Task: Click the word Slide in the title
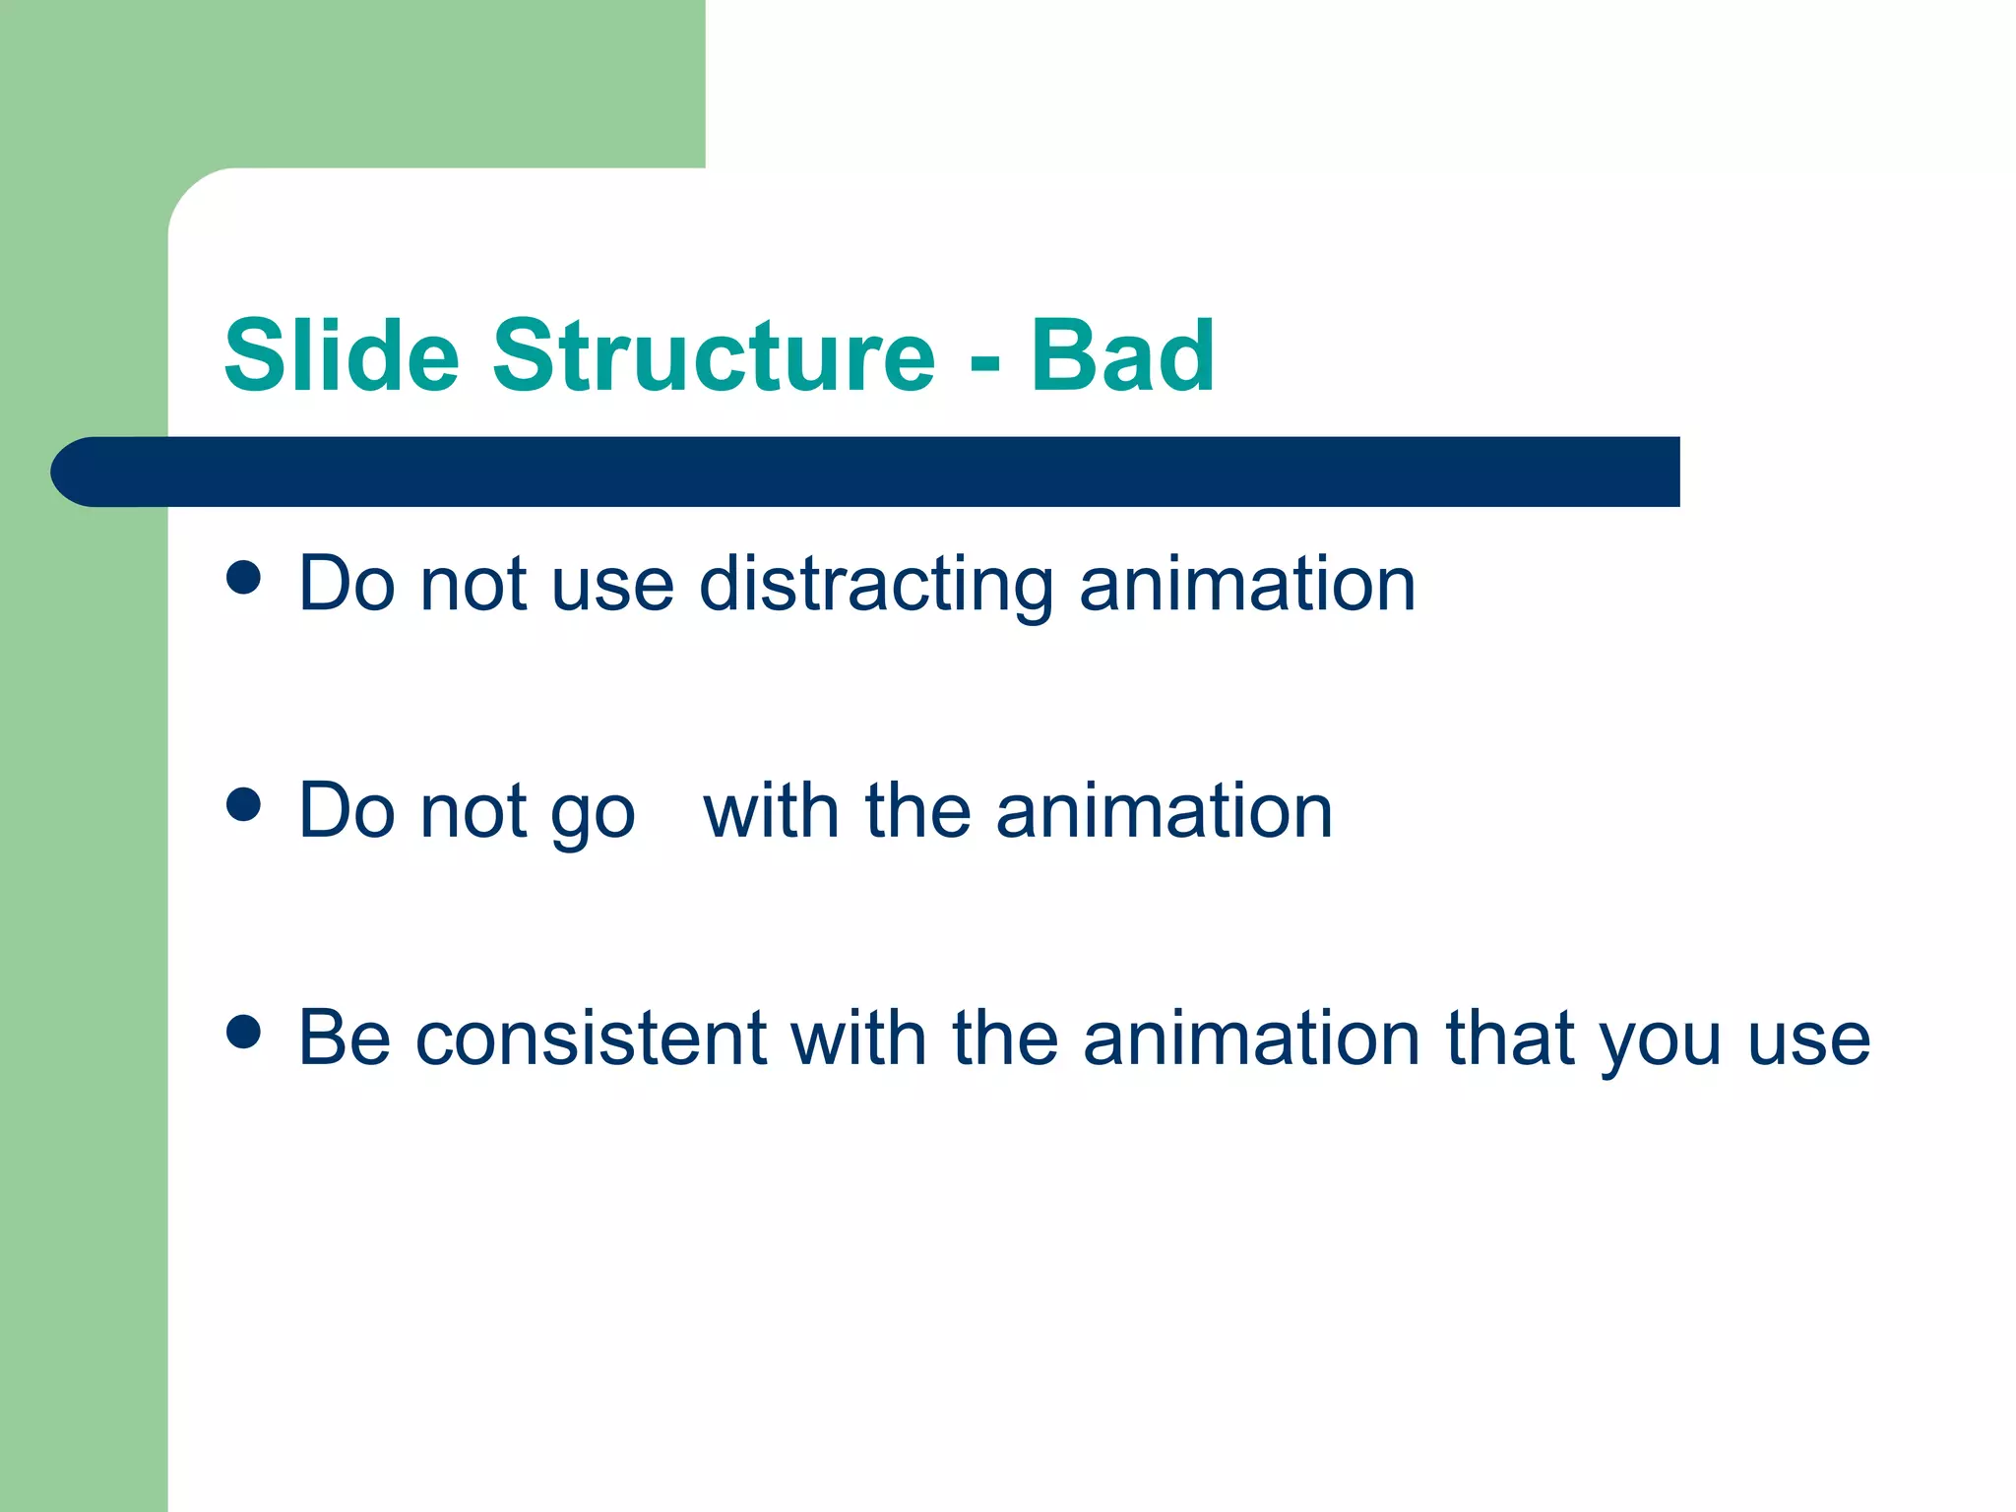pos(342,355)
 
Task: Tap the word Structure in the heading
pos(714,355)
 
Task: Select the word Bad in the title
pos(1122,355)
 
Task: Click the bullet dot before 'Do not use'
pos(243,578)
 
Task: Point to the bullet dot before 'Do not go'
pos(243,804)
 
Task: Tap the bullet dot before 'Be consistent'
pos(243,1032)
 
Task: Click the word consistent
pos(591,1039)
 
